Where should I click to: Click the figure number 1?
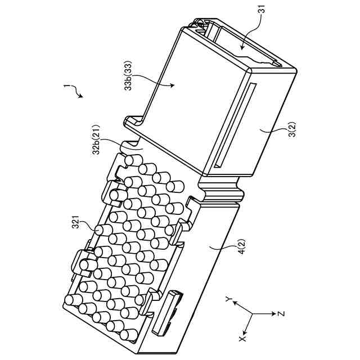pos(66,87)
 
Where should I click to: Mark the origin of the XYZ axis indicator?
pos(252,313)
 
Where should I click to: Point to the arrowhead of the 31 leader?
pos(241,47)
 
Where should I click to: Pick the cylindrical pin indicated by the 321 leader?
pos(102,230)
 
